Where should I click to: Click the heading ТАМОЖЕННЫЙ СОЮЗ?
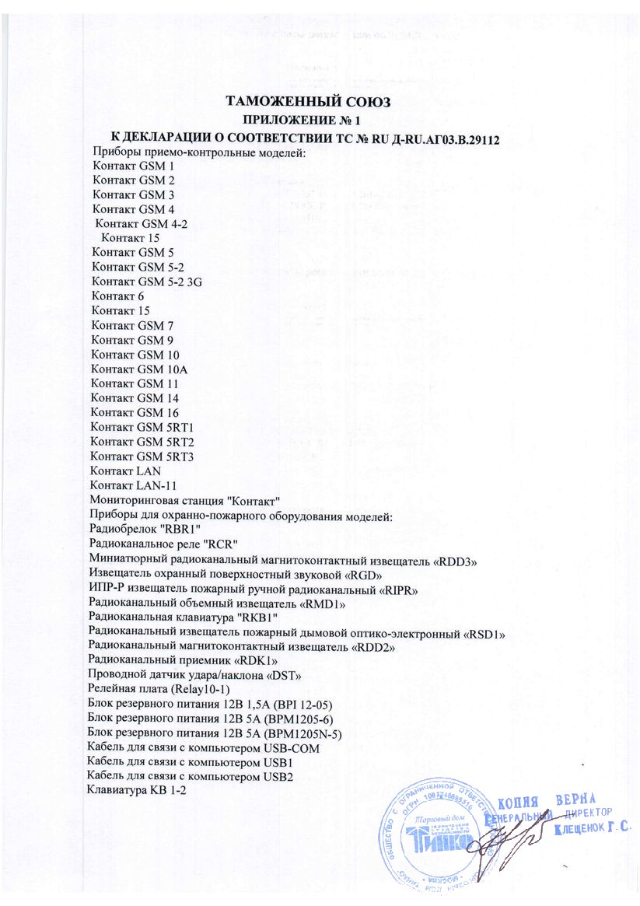pos(306,103)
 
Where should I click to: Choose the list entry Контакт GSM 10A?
pos(139,369)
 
